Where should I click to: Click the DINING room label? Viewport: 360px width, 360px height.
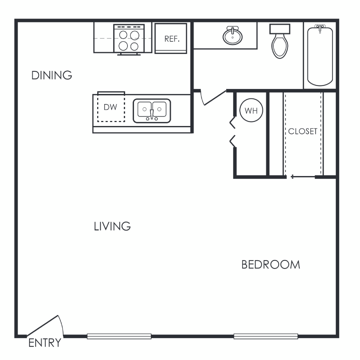click(x=51, y=75)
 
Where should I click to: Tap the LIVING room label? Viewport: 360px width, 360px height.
click(x=112, y=226)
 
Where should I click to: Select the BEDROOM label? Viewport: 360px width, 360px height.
click(x=271, y=265)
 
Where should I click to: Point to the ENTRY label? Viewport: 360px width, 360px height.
click(x=45, y=343)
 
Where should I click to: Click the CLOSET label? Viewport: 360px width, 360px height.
click(x=303, y=131)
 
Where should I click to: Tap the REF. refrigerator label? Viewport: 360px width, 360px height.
click(x=172, y=39)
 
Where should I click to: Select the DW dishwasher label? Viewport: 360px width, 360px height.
click(x=111, y=107)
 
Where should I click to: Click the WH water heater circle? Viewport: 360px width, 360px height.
click(x=251, y=111)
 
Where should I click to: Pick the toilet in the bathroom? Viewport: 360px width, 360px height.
click(x=280, y=41)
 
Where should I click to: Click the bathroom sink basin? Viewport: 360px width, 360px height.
click(x=233, y=36)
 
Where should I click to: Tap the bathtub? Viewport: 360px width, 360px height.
click(x=320, y=56)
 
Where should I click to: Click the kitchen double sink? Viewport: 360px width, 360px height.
click(x=152, y=111)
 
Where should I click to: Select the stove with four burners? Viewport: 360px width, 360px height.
click(x=129, y=39)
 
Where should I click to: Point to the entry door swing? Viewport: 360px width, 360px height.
click(x=45, y=326)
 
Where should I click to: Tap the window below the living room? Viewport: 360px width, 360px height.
click(x=119, y=336)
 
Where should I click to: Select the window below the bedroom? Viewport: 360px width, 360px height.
click(x=266, y=336)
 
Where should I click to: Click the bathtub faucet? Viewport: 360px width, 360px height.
click(x=320, y=28)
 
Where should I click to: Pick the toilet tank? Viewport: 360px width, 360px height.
click(x=280, y=29)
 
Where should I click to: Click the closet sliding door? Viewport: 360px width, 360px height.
click(x=303, y=176)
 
